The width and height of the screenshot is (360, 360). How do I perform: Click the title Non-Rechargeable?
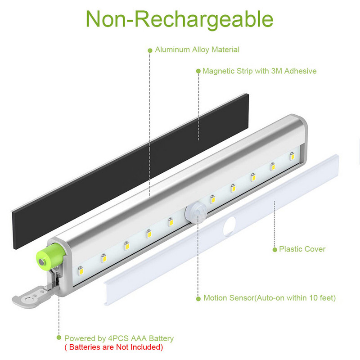[179, 19]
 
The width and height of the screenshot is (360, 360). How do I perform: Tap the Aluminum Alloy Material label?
[197, 50]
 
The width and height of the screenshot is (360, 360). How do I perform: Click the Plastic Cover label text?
[302, 249]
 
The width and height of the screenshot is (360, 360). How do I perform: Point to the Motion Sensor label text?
[269, 298]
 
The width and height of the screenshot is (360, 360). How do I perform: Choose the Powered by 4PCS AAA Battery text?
[119, 338]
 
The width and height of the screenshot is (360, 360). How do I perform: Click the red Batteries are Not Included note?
[113, 347]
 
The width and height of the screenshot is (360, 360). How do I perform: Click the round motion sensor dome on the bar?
[194, 211]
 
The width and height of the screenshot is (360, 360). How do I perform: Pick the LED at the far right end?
[292, 156]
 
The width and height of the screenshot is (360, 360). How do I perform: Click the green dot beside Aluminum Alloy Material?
[150, 50]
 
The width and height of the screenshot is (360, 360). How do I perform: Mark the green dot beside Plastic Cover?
[274, 249]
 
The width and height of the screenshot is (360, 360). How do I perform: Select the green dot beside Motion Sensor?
[198, 298]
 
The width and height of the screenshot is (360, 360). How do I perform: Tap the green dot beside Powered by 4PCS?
[58, 337]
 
